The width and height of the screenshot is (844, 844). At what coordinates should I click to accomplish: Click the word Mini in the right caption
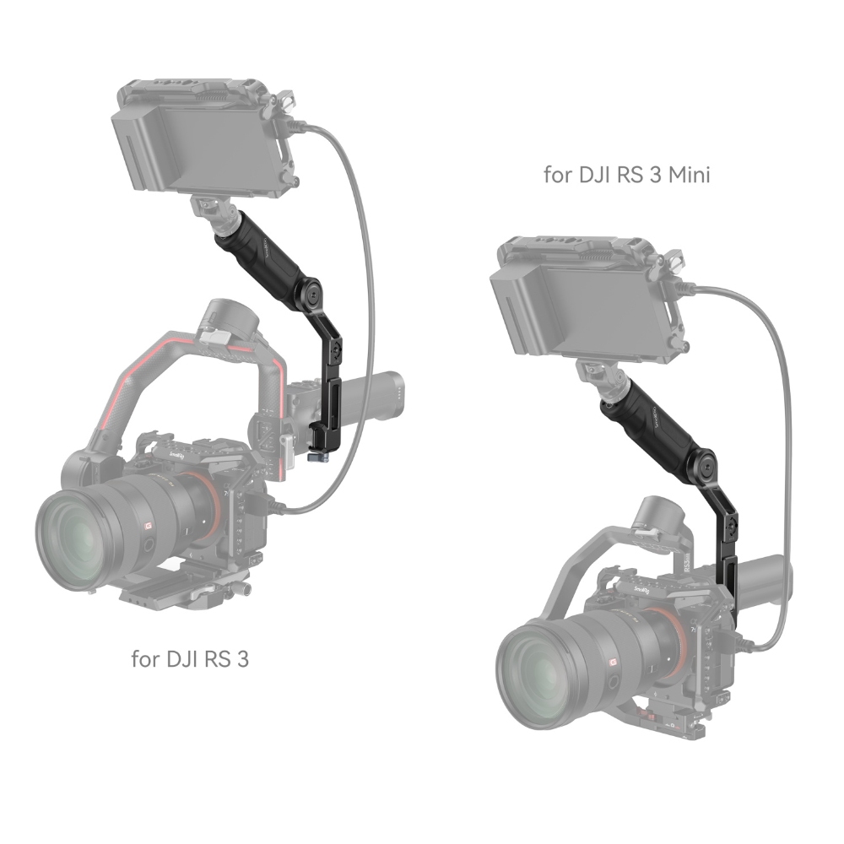pos(690,175)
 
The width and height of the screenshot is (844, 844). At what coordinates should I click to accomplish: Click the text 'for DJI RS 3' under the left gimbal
pos(190,658)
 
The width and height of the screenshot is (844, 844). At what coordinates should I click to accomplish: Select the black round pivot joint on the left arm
pos(311,292)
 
